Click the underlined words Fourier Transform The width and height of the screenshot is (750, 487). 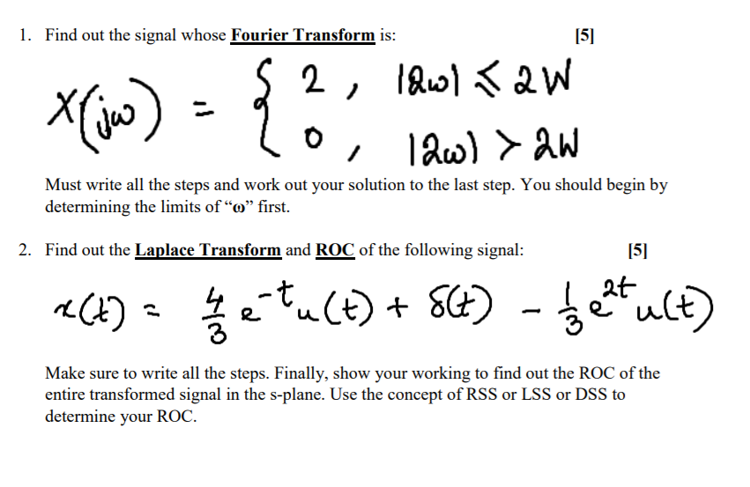(x=303, y=35)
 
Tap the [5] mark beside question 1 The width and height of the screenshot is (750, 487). (x=583, y=35)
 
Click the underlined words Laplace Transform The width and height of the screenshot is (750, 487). (x=207, y=249)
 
